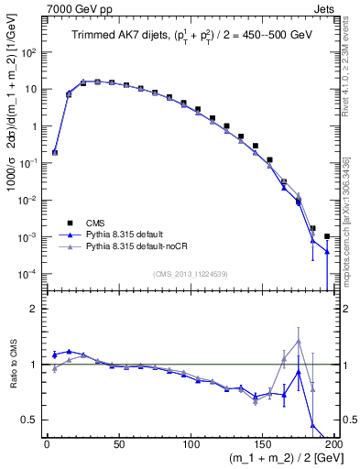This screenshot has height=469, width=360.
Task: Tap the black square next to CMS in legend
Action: pos(71,222)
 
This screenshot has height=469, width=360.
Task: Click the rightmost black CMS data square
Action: pos(327,236)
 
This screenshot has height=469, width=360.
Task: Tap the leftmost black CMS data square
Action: pos(55,153)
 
